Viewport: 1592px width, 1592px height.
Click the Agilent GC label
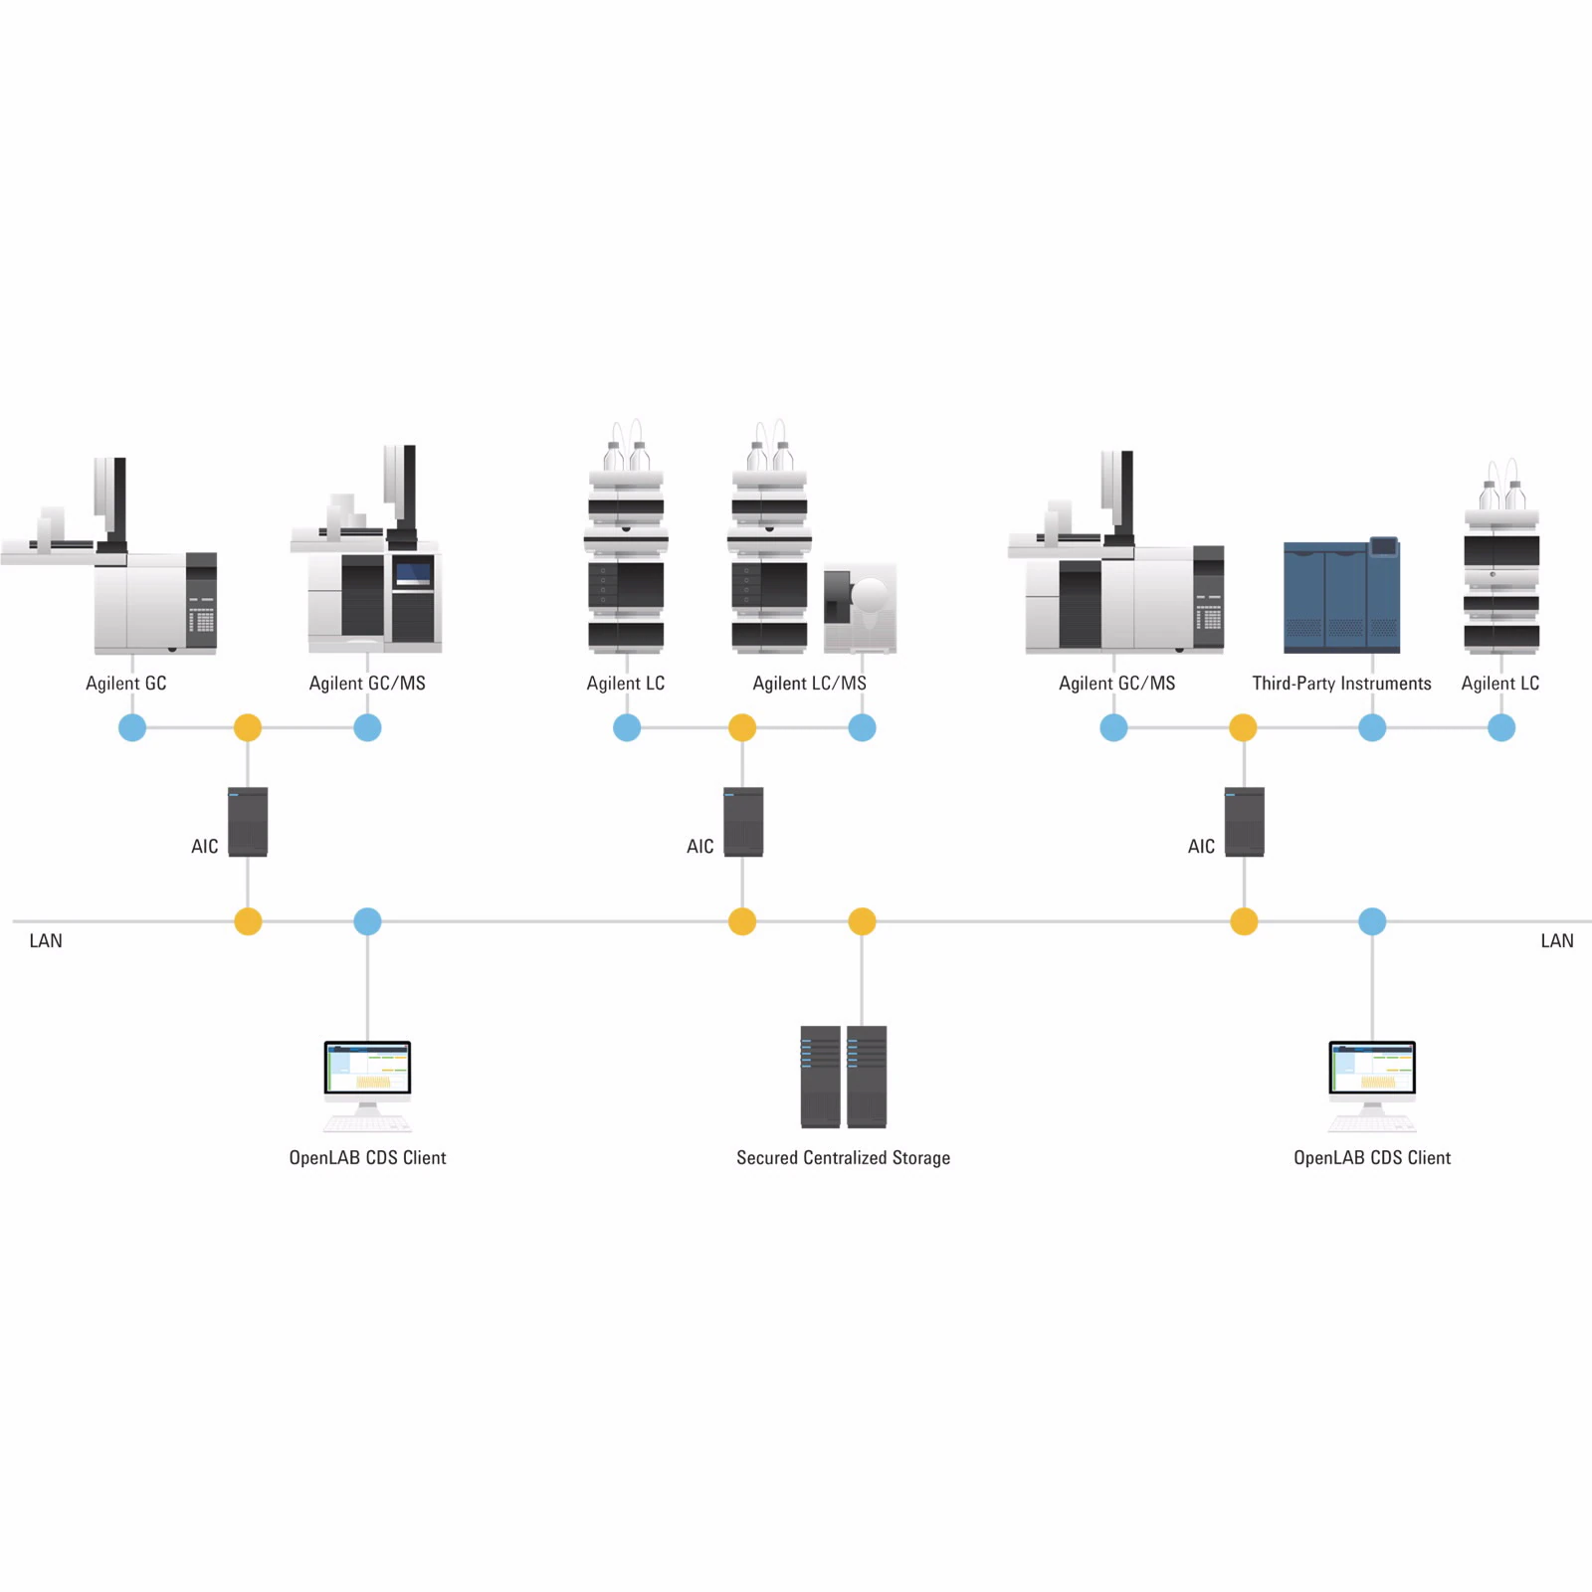126,684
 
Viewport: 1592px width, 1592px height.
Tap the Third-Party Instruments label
1341,684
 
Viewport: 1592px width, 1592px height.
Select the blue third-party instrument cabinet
1341,596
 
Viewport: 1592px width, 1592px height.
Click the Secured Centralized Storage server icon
843,1077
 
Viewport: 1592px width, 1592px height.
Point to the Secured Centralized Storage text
843,1158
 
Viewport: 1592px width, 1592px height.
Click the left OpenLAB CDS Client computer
367,1085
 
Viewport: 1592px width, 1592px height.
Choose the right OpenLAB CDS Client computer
1372,1085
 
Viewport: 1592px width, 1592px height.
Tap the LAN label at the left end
46,941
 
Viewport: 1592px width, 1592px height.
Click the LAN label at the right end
1556,941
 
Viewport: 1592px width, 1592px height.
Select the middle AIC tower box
743,822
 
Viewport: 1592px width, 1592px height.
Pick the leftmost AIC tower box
248,822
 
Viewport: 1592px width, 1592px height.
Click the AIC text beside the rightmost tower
1201,847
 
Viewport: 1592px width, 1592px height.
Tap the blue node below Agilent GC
132,727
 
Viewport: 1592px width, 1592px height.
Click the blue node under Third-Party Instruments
1372,727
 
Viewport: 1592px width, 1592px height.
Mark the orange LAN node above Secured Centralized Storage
862,921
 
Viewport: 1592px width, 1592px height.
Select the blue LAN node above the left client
367,921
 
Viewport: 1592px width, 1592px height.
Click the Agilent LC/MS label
809,684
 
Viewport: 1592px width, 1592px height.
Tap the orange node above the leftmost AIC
248,727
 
